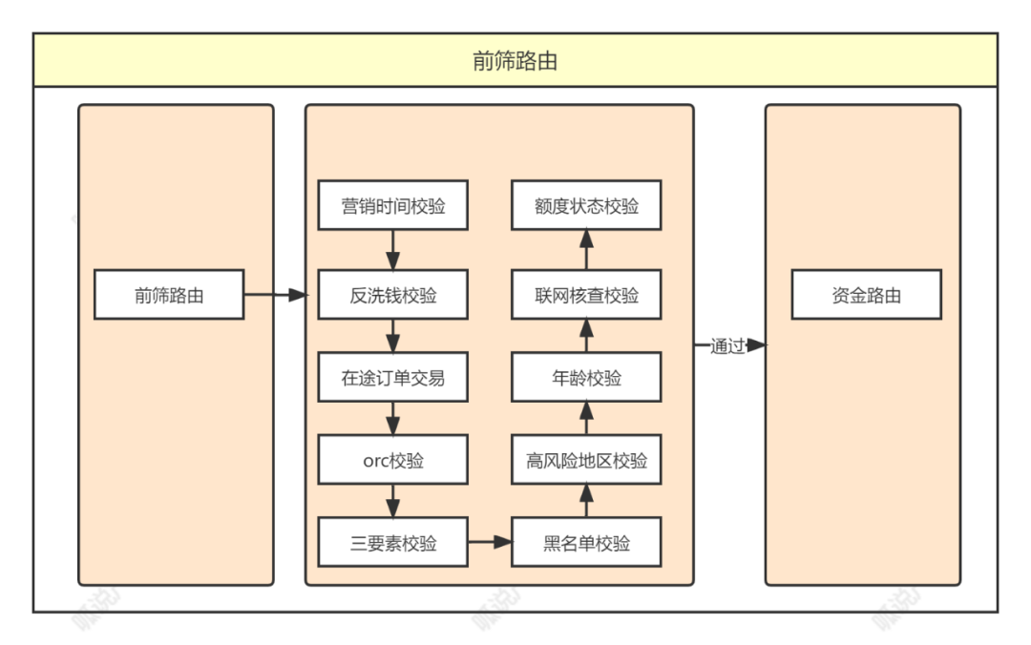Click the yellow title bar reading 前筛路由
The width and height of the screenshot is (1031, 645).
515,61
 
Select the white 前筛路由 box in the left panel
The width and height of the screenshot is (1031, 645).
169,295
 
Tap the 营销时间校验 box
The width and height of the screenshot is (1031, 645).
392,205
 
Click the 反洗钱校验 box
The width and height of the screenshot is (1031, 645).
392,295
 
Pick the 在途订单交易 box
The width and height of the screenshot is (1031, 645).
392,378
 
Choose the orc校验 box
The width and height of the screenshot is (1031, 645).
392,461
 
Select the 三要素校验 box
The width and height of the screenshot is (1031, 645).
392,543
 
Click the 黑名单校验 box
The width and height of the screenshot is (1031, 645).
586,543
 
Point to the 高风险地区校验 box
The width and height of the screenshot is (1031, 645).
586,461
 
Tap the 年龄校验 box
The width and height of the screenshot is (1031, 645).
586,378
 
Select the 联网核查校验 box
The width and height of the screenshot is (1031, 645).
586,295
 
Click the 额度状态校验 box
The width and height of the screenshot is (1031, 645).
586,205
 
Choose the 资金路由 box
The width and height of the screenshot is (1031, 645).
866,295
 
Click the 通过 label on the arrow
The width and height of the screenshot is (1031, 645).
726,346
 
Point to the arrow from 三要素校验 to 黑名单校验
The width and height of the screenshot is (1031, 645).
490,543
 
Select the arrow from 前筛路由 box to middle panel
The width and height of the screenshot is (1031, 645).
275,295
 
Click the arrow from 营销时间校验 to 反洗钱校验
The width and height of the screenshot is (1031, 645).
392,250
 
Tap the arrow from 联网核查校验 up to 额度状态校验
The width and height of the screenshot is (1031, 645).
586,250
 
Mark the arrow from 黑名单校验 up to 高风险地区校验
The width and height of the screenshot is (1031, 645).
586,502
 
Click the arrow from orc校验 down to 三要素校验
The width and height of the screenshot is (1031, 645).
392,502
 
